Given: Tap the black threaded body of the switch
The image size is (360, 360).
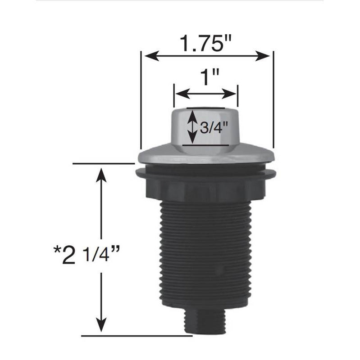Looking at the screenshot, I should tap(205, 252).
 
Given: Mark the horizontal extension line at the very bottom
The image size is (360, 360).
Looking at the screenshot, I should tap(135, 335).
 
